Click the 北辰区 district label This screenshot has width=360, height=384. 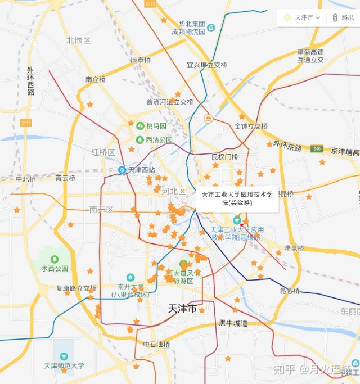[78, 40]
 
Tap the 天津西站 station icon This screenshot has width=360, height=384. [122, 170]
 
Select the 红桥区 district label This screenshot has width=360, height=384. [103, 152]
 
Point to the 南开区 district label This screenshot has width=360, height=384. [101, 210]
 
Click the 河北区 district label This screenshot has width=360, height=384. [173, 191]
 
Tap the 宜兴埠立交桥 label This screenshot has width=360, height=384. [207, 65]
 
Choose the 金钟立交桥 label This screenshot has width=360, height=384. [251, 127]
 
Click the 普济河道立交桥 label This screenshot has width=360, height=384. [169, 102]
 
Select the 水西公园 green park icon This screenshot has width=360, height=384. [55, 259]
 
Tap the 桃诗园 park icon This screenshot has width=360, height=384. [140, 126]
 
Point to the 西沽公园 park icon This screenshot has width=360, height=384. [140, 139]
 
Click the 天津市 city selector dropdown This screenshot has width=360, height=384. [302, 17]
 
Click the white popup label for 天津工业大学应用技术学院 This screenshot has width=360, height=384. [237, 198]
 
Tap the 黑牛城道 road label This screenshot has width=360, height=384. [233, 323]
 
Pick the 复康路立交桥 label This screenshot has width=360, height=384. [76, 288]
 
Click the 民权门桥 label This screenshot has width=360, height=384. [224, 157]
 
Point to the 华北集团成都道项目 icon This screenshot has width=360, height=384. [211, 28]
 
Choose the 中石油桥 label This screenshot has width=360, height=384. [156, 344]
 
